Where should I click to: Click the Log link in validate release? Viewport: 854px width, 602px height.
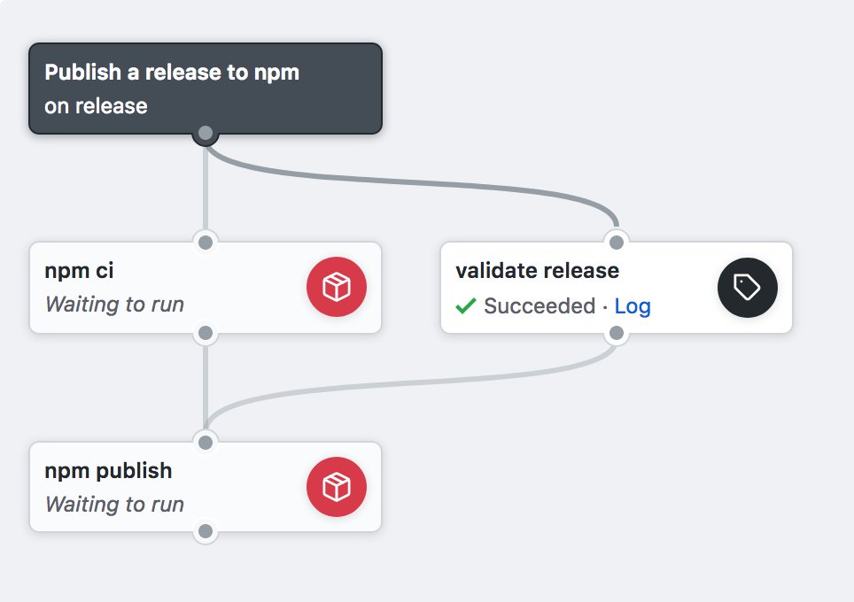tap(633, 306)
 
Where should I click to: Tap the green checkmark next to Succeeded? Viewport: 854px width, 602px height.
tap(465, 306)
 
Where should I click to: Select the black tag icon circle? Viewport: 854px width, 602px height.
tap(747, 287)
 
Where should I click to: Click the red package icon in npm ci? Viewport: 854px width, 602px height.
tap(336, 287)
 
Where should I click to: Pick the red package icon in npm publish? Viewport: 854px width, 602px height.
tap(336, 487)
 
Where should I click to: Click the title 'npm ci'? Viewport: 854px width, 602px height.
tap(79, 270)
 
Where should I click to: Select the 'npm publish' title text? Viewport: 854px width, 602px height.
tap(108, 470)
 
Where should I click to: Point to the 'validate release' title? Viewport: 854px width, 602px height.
tap(537, 270)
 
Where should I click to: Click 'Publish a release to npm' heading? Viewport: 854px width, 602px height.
tap(172, 73)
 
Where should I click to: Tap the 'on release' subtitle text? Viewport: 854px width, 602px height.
tap(96, 106)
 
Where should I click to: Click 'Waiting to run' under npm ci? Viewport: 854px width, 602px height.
tap(114, 305)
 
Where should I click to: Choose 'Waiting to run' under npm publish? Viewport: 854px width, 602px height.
tap(114, 505)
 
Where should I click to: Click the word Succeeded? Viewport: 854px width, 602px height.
tap(539, 306)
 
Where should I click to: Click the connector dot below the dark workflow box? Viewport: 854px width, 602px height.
tap(206, 134)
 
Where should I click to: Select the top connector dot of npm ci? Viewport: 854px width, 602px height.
tap(206, 242)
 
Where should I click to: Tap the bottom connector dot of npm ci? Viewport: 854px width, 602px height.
tap(206, 334)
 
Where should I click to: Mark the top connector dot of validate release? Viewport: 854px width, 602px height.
tap(617, 242)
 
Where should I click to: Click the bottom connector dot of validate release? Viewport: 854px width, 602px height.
tap(617, 334)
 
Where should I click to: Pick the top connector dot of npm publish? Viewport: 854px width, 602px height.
tap(206, 442)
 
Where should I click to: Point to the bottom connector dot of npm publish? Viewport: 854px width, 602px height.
tap(206, 532)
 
